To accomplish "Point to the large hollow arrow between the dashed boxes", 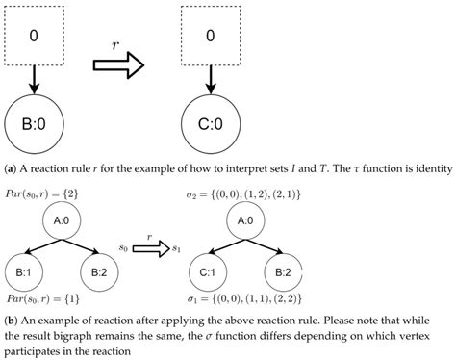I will (117, 64).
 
